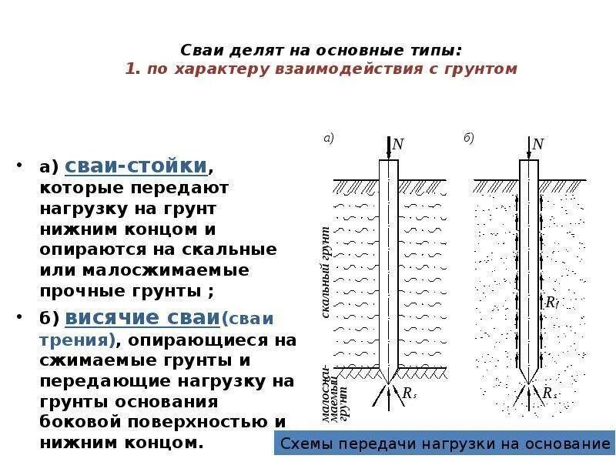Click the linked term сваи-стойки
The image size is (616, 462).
(x=136, y=166)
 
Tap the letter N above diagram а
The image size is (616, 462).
(x=398, y=145)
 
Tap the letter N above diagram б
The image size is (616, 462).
(x=538, y=145)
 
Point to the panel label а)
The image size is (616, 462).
(x=328, y=139)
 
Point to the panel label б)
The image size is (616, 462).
(x=469, y=139)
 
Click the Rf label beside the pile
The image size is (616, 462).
(x=551, y=303)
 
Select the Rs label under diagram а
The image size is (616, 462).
(x=409, y=393)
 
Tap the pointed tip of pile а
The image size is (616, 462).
(x=389, y=381)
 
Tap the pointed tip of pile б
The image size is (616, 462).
(x=529, y=382)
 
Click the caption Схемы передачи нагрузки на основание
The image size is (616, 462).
(x=445, y=444)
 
